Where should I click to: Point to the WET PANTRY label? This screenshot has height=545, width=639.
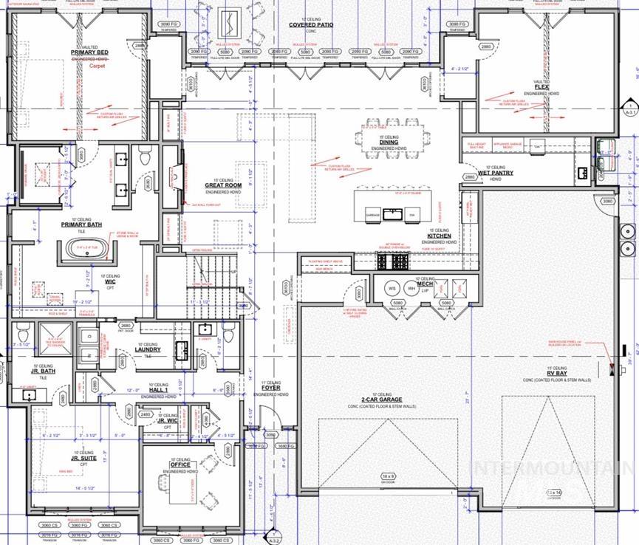pyautogui.click(x=495, y=174)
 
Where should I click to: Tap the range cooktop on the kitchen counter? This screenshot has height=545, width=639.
pyautogui.click(x=392, y=261)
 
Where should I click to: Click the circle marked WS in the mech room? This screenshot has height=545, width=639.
pyautogui.click(x=392, y=287)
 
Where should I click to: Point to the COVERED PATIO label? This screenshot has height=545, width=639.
pyautogui.click(x=310, y=24)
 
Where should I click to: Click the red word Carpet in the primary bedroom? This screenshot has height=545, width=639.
pyautogui.click(x=98, y=66)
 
